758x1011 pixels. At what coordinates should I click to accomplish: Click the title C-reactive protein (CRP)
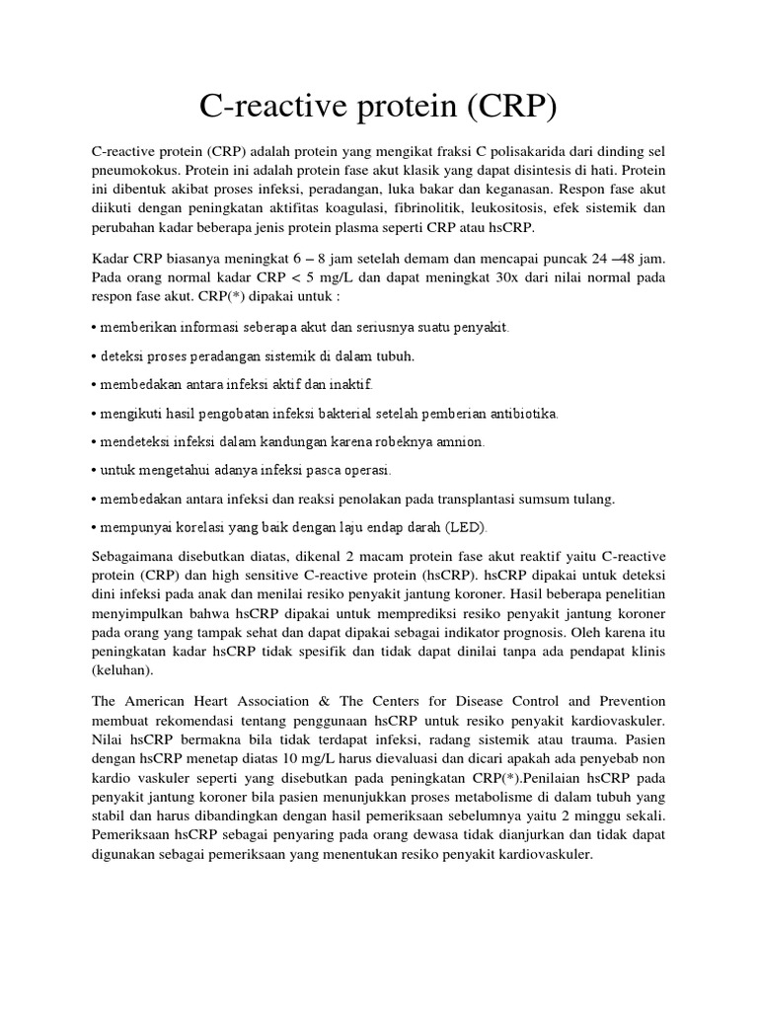tap(378, 106)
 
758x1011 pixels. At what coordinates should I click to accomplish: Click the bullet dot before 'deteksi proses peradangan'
tap(93, 354)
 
